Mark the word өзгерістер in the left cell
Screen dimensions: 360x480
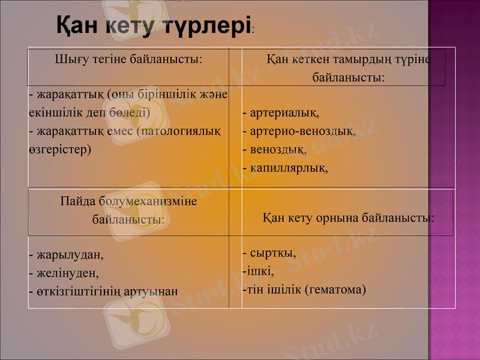(59, 149)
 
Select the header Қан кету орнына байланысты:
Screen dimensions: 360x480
(348, 217)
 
